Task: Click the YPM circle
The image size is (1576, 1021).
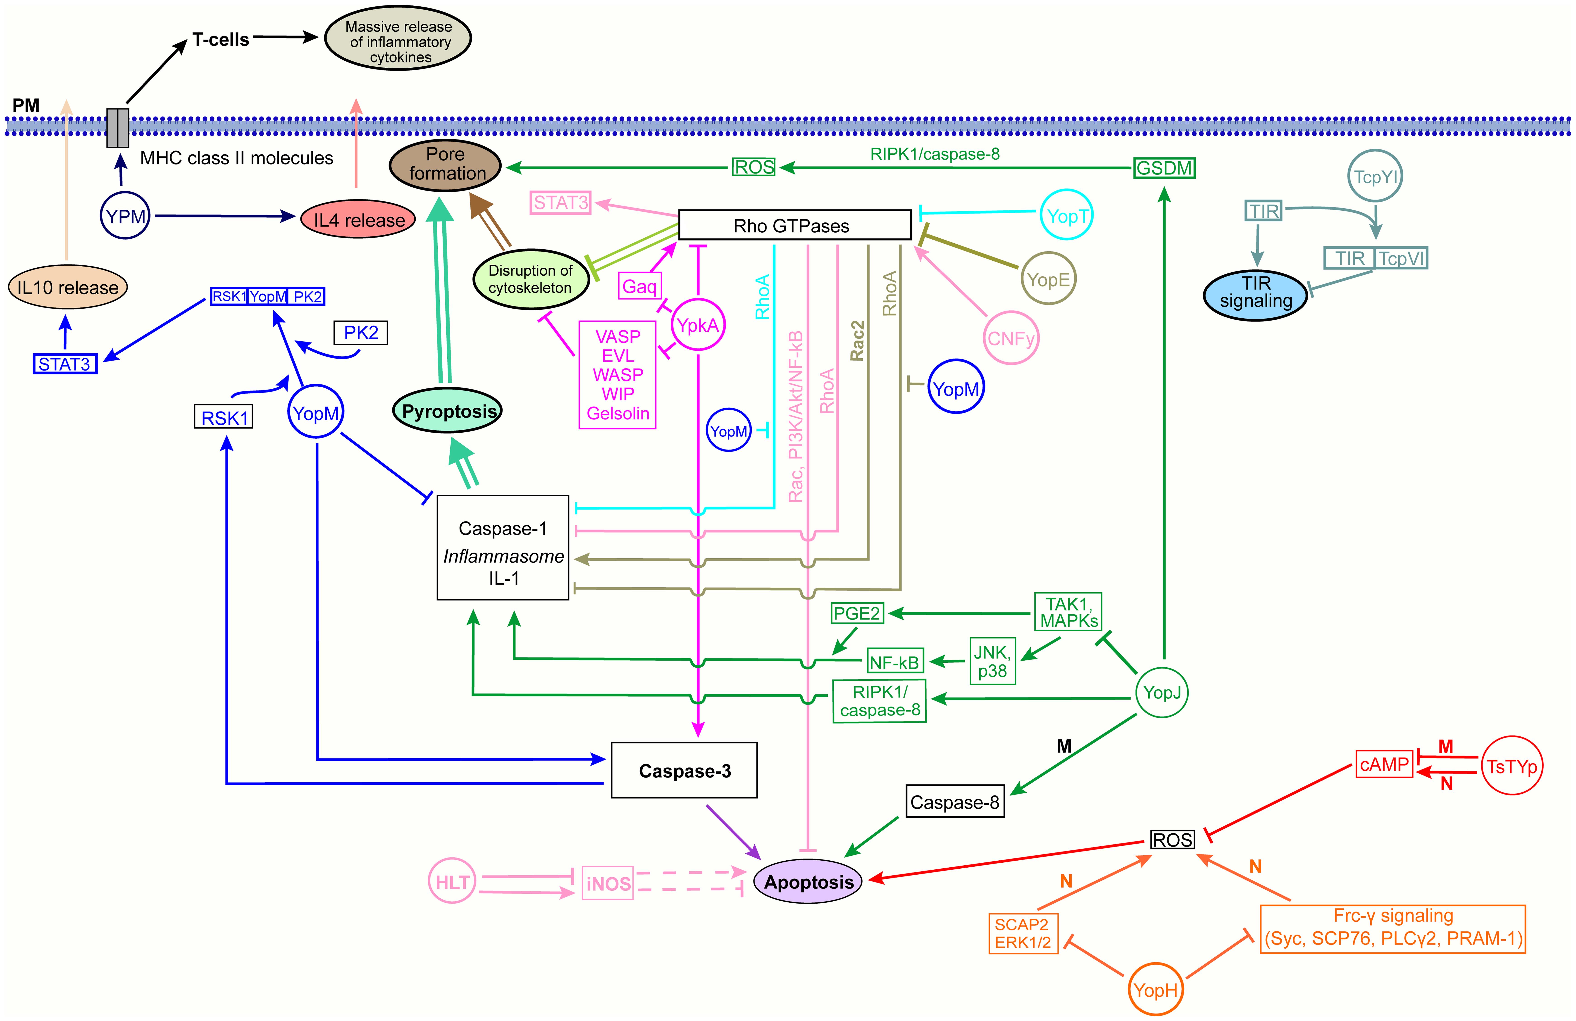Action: click(x=125, y=216)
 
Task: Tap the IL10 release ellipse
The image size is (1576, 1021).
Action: click(x=67, y=287)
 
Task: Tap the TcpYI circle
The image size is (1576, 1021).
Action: click(x=1375, y=177)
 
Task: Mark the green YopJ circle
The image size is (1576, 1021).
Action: click(x=1161, y=693)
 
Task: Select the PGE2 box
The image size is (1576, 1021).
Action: click(x=857, y=613)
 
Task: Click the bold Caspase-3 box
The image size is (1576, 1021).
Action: click(x=684, y=770)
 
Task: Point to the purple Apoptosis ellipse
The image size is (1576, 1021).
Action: click(x=808, y=882)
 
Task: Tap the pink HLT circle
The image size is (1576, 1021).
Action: click(x=452, y=881)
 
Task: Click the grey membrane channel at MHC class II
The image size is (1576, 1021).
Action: click(x=118, y=128)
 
